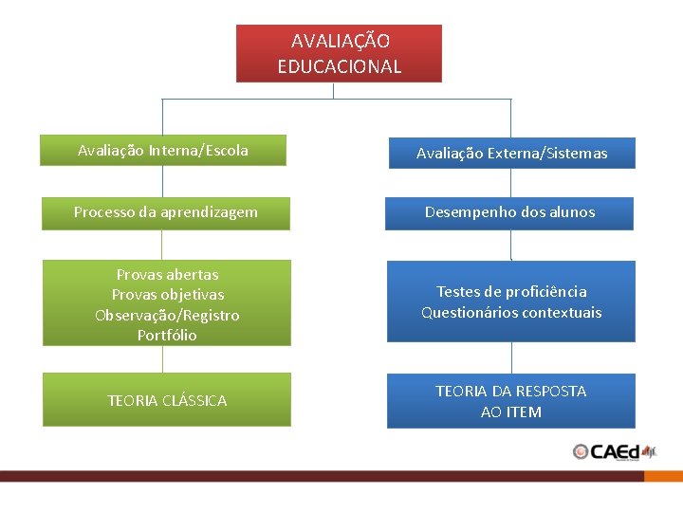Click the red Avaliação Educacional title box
[x=339, y=53]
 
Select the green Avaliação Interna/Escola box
[x=162, y=151]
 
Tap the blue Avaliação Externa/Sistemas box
[x=511, y=153]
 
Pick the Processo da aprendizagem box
[x=166, y=212]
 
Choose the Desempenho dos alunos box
[x=509, y=212]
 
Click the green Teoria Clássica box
[x=167, y=400]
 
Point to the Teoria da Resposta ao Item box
[x=510, y=401]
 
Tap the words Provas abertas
[x=167, y=275]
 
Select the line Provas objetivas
[x=167, y=295]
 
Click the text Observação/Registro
[x=167, y=315]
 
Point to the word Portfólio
[x=167, y=335]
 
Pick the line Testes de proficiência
[x=511, y=292]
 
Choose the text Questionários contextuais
[x=511, y=313]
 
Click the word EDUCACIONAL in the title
[x=339, y=66]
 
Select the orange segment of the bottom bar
[x=663, y=476]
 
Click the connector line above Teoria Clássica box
[x=162, y=358]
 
